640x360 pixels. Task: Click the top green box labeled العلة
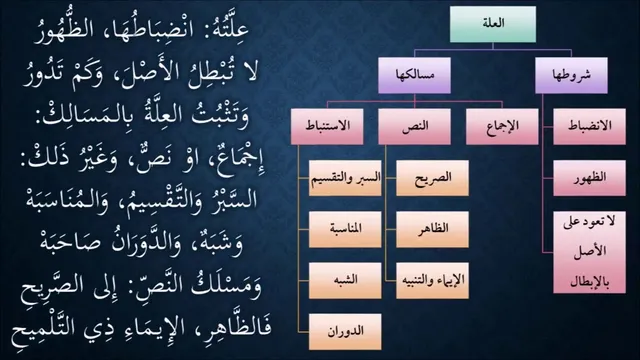pos(493,24)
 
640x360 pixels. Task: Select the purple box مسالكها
pos(414,76)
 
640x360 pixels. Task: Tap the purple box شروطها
pos(571,76)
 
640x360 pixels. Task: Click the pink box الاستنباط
pos(327,127)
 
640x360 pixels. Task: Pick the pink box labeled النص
pos(414,127)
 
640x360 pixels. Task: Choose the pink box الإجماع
pos(502,127)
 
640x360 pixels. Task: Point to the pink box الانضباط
pos(589,127)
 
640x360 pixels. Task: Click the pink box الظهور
pos(589,178)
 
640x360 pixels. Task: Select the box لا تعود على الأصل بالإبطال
pos(589,252)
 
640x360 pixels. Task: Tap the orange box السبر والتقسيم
pos(345,178)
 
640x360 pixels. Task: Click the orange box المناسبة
pos(345,229)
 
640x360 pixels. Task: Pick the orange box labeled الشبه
pos(345,280)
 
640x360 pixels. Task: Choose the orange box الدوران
pos(345,331)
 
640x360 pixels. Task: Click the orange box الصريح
pos(432,178)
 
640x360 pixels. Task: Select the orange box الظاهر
pos(432,229)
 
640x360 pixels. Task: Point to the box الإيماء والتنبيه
pos(432,280)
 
